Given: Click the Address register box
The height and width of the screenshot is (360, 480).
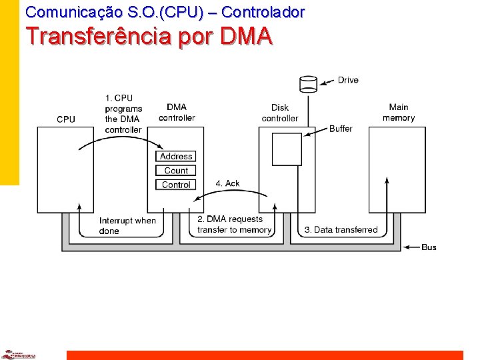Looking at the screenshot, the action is pyautogui.click(x=176, y=157).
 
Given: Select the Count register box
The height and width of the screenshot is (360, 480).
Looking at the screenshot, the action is pyautogui.click(x=176, y=171).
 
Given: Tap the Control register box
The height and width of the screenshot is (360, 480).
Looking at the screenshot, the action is pyautogui.click(x=176, y=185).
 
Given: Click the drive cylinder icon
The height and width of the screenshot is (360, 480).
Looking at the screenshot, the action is pyautogui.click(x=308, y=84).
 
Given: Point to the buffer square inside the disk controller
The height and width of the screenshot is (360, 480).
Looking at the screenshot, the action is pyautogui.click(x=287, y=149).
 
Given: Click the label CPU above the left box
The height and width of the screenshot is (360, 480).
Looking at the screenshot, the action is pyautogui.click(x=66, y=119).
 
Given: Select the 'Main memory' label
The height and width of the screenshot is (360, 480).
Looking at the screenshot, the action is pyautogui.click(x=399, y=113).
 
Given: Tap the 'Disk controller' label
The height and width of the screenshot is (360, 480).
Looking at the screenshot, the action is pyautogui.click(x=280, y=113).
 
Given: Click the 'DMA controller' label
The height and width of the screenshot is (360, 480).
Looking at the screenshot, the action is pyautogui.click(x=177, y=113).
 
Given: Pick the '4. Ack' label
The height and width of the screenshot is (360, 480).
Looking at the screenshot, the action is pyautogui.click(x=227, y=183).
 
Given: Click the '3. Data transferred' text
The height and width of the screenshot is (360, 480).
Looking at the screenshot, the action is pyautogui.click(x=341, y=230).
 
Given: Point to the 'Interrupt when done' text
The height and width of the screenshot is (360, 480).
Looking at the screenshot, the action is pyautogui.click(x=127, y=226).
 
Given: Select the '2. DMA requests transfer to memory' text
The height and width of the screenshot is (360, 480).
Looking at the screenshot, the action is pyautogui.click(x=234, y=225).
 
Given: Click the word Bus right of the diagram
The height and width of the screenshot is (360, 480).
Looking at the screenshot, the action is pyautogui.click(x=429, y=247).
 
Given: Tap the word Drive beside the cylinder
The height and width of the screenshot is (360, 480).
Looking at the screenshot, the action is pyautogui.click(x=348, y=80).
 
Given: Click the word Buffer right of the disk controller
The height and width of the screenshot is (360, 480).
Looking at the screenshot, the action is pyautogui.click(x=341, y=129).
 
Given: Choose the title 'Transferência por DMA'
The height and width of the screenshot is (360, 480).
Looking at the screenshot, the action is pyautogui.click(x=149, y=36).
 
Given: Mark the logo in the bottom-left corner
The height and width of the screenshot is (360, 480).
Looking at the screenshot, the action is pyautogui.click(x=18, y=354).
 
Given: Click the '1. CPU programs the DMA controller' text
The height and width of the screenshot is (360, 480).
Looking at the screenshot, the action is pyautogui.click(x=123, y=114).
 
